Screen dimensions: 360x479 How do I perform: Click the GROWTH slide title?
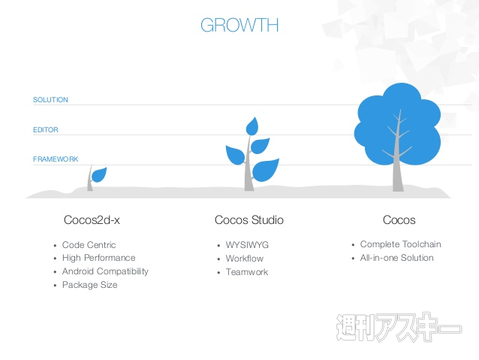[x=239, y=25]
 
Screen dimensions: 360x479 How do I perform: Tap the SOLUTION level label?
[x=50, y=100]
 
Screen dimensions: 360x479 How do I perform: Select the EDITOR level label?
[x=46, y=130]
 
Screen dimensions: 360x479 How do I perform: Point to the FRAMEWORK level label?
[x=56, y=159]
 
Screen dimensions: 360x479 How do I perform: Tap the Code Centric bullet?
[x=89, y=245]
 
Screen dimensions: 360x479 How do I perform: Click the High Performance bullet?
[x=98, y=258]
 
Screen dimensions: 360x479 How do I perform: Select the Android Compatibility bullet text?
[x=105, y=271]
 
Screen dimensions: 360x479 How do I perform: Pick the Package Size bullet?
[x=90, y=285]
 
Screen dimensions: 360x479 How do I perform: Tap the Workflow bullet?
[x=245, y=258]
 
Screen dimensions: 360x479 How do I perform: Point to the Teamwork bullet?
[x=247, y=272]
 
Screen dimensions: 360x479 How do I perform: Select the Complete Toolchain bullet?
[x=401, y=244]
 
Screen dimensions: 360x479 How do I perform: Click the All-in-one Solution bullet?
[x=398, y=258]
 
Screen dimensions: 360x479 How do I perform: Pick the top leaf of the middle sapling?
[x=252, y=127]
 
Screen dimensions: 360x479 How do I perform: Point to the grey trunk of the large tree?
[x=399, y=170]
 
